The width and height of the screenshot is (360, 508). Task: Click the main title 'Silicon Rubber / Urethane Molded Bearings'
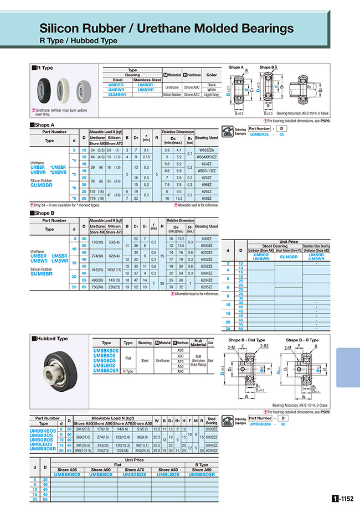point(167,28)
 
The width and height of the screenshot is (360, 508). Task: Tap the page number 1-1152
point(344,498)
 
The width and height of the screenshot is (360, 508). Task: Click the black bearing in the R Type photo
point(46,89)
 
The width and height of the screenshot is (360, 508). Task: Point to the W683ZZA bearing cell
point(206,149)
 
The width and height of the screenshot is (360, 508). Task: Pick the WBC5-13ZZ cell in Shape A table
point(206,170)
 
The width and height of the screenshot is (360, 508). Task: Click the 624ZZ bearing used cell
point(206,164)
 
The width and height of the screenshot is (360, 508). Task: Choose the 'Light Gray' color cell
point(211,95)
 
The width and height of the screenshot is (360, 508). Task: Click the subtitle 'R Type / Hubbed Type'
point(78,40)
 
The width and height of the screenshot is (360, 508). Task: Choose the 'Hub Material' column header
point(200,343)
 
